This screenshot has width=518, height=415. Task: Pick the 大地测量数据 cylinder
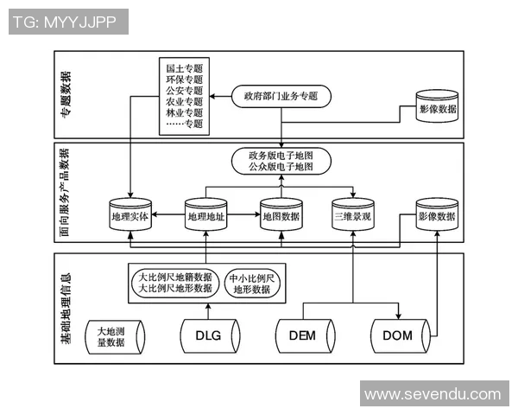tap(116, 335)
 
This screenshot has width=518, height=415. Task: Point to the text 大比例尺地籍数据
tap(175, 277)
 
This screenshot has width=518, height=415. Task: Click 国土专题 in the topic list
tap(184, 67)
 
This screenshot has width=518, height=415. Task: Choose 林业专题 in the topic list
tap(184, 112)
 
